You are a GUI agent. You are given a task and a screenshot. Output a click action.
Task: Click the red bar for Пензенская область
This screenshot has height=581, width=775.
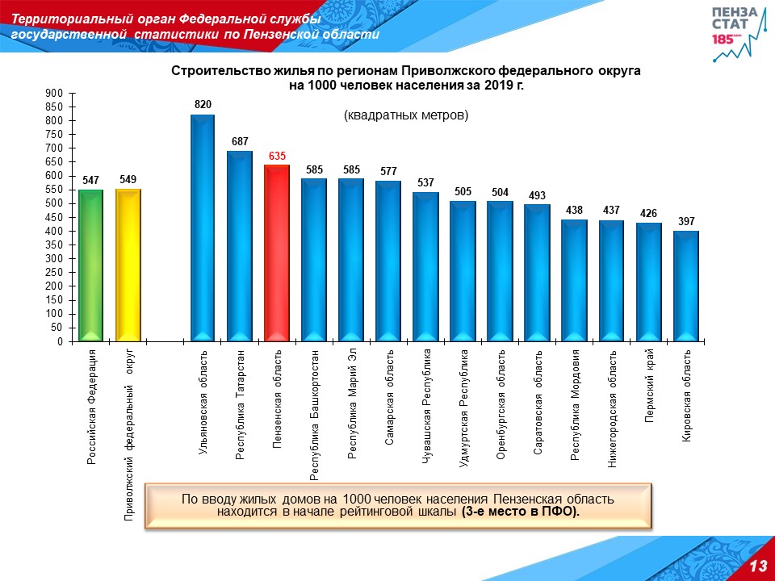point(277,253)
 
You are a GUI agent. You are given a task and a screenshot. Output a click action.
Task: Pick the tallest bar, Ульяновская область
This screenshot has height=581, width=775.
point(203,228)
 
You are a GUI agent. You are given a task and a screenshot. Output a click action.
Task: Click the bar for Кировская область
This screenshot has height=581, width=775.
point(685,286)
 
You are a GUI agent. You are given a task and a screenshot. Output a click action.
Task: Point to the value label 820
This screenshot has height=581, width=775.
point(203,105)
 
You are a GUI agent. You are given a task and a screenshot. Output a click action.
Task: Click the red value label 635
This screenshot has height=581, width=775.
point(277,156)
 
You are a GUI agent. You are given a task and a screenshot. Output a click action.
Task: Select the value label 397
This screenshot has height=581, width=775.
point(685,221)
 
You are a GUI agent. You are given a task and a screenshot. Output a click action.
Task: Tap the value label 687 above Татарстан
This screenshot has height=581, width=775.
point(240,141)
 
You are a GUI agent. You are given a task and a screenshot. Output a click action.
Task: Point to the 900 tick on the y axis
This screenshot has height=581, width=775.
point(55,94)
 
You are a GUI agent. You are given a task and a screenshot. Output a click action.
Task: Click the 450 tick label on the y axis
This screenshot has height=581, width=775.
point(55,217)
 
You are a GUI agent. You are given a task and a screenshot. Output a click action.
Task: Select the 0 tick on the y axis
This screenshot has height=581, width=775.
point(60,341)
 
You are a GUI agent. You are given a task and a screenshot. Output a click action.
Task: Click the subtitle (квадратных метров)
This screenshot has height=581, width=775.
point(406,115)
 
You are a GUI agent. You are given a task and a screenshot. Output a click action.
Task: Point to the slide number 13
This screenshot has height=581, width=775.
point(757,566)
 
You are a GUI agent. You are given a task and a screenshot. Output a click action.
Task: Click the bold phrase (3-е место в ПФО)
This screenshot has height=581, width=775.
point(521,512)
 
